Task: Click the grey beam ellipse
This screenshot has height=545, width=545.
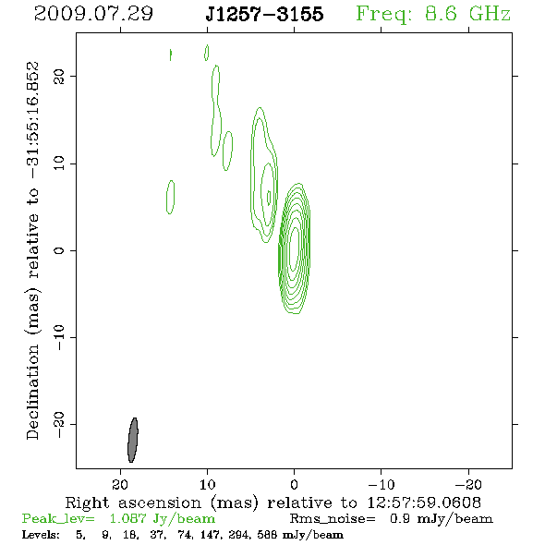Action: click(133, 440)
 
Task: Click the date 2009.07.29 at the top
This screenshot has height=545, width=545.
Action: click(93, 14)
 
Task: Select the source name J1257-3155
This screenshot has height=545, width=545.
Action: click(264, 14)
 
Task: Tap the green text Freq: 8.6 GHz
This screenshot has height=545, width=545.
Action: click(433, 14)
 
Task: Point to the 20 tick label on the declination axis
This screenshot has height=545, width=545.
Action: click(59, 76)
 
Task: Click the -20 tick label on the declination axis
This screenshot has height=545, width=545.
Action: click(59, 425)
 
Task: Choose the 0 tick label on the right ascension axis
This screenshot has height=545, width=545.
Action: click(294, 484)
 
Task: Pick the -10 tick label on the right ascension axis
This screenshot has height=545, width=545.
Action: click(381, 484)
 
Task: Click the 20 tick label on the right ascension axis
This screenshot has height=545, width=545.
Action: click(120, 484)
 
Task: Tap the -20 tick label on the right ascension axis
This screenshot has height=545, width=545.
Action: click(468, 484)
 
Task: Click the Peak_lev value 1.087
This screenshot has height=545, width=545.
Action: click(127, 518)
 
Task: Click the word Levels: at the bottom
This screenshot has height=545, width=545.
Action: click(41, 534)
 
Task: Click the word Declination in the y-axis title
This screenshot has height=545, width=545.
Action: click(32, 392)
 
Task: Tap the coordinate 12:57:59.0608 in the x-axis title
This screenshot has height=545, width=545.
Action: click(424, 503)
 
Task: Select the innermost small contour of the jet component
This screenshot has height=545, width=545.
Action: click(269, 198)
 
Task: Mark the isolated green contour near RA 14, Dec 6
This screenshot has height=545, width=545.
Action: click(170, 197)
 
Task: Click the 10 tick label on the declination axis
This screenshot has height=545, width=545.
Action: click(59, 163)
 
